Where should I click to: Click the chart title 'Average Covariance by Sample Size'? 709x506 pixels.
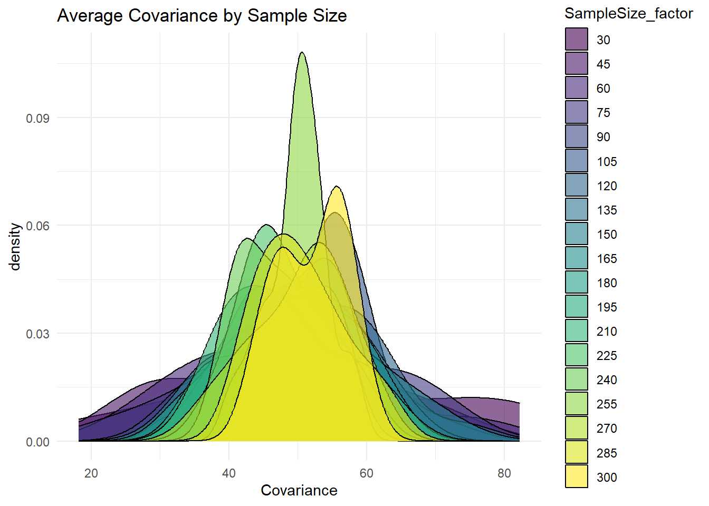(x=202, y=16)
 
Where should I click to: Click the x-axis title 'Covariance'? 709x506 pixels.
(x=299, y=490)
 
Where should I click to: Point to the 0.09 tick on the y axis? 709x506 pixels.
(x=37, y=118)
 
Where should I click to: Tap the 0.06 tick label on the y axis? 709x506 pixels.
(x=37, y=226)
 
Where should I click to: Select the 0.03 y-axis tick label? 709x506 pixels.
(x=37, y=334)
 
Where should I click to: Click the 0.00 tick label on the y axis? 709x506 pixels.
(x=37, y=442)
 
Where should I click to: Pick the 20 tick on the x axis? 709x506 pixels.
(x=91, y=473)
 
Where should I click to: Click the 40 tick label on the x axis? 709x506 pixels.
(x=229, y=473)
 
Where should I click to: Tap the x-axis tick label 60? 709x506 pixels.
(x=367, y=473)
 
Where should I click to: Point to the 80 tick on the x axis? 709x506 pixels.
(x=504, y=473)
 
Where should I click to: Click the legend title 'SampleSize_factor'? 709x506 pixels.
(x=628, y=14)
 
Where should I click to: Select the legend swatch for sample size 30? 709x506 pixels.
(x=577, y=40)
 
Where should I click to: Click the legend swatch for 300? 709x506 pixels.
(x=577, y=476)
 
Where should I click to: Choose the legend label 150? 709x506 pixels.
(x=607, y=235)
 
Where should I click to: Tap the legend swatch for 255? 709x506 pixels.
(x=577, y=404)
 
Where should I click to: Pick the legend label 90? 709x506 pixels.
(x=603, y=137)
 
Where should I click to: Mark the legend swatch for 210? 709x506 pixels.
(x=577, y=331)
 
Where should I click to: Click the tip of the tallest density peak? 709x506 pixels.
(x=302, y=52)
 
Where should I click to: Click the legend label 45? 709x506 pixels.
(x=603, y=64)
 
